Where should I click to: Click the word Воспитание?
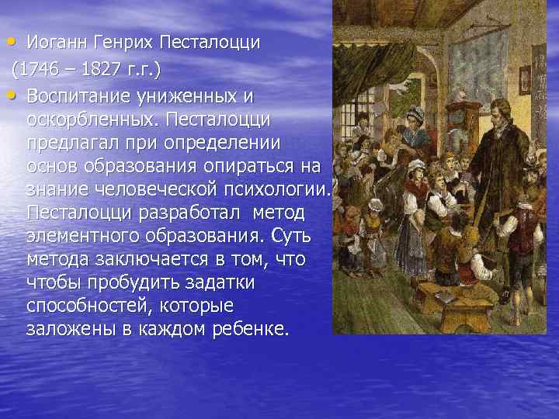[x=78, y=96]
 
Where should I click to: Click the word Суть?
[x=283, y=237]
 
